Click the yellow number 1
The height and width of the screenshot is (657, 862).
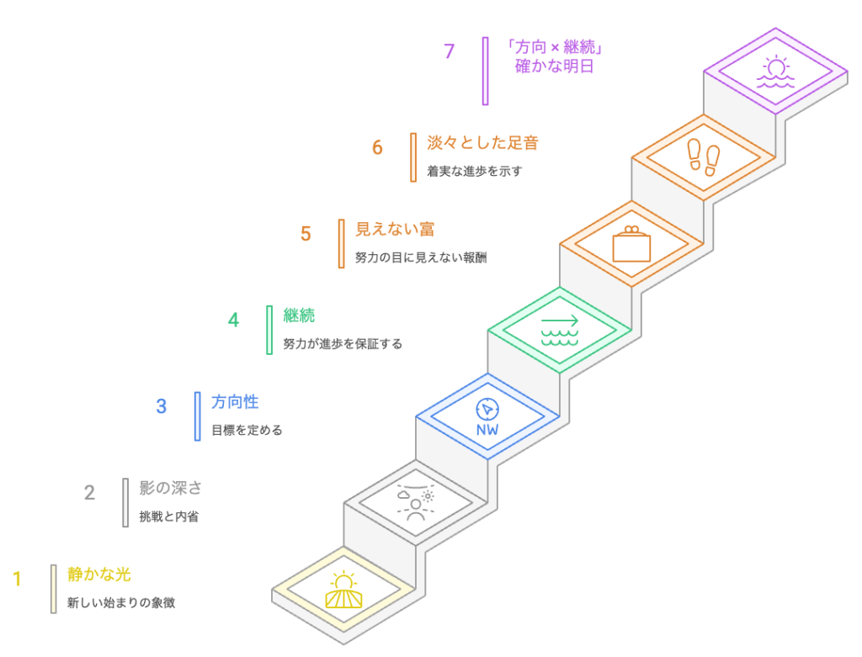tap(17, 579)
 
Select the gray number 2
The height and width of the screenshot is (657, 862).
tap(89, 493)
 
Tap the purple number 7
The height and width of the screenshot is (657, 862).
tap(450, 51)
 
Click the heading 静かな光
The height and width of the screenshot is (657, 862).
tap(99, 575)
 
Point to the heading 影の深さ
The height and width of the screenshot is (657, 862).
tap(171, 488)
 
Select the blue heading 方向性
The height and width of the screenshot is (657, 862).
tap(235, 402)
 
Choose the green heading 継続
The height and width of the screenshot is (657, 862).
tap(299, 315)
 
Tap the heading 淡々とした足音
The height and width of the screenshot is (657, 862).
tap(482, 142)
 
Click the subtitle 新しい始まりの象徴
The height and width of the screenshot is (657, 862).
tap(121, 602)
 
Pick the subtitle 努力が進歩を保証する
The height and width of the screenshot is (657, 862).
tap(343, 343)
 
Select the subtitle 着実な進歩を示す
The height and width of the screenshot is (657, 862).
tap(475, 171)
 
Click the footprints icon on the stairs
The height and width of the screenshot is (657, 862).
tap(704, 156)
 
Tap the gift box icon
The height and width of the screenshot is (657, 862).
tap(631, 244)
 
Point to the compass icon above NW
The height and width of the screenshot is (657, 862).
tap(487, 409)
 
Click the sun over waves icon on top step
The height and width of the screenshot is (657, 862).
tap(775, 72)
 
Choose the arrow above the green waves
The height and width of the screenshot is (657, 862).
tap(560, 321)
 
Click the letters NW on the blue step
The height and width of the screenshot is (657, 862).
tap(487, 431)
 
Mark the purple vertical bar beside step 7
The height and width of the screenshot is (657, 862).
tap(486, 71)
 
